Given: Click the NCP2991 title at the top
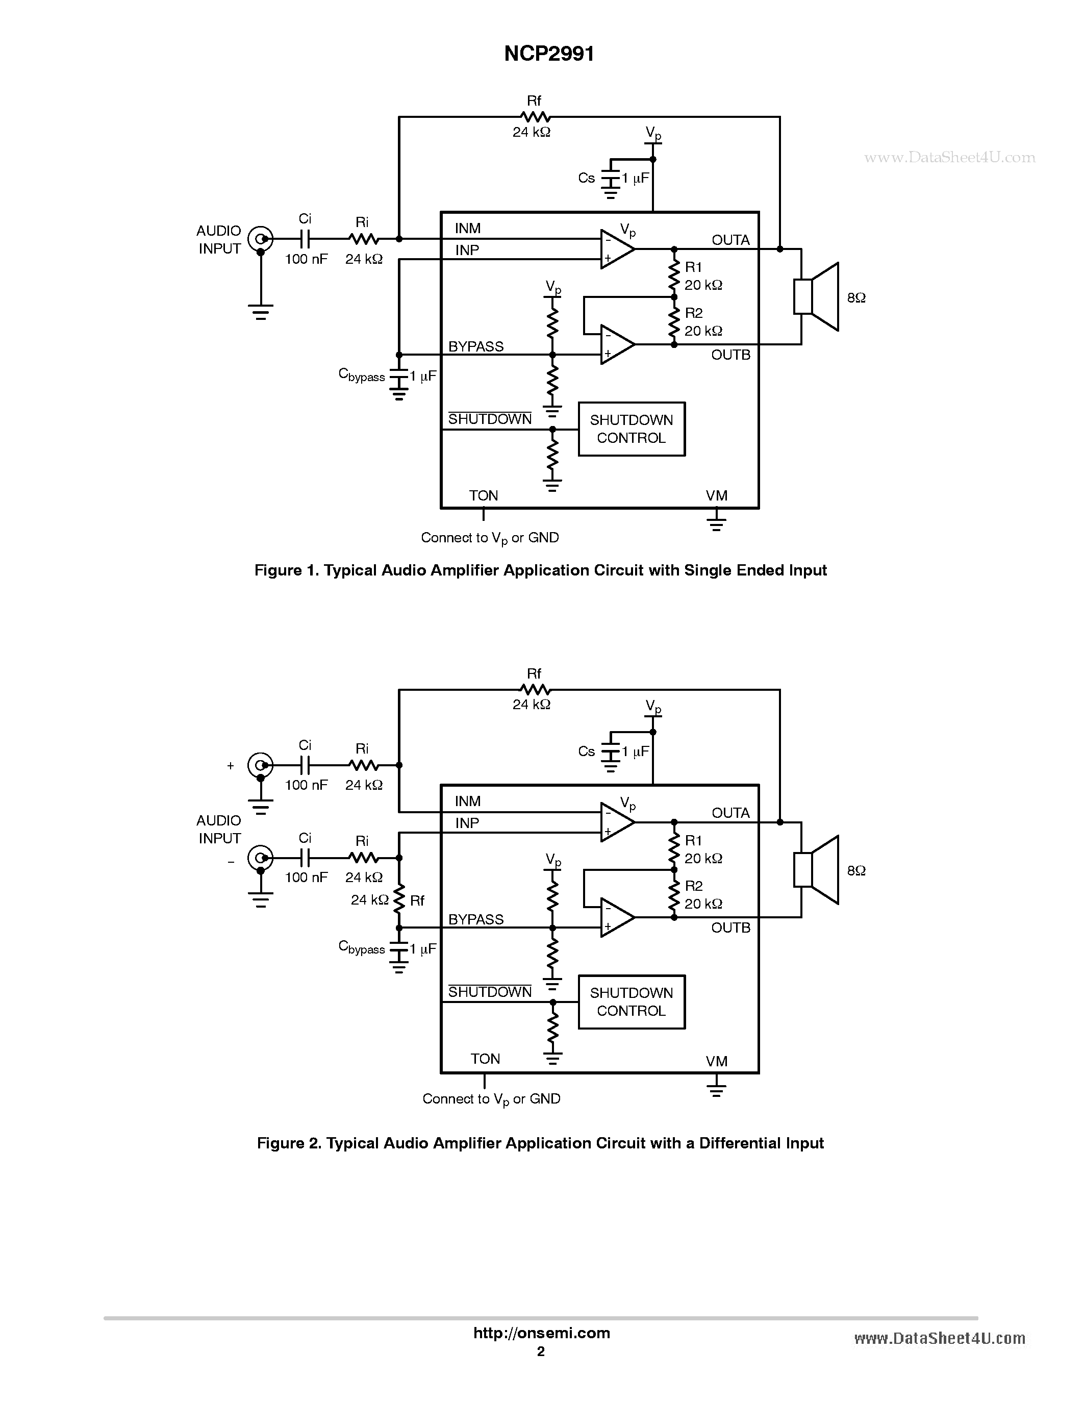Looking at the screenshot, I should point(549,54).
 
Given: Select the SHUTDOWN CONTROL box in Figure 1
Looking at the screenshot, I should point(631,429).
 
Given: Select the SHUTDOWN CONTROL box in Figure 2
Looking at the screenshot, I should point(631,1001).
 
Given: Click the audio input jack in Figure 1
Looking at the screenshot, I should point(260,239).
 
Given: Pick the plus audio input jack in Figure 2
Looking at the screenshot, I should point(260,765).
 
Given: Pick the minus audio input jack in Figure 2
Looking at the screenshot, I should point(260,858).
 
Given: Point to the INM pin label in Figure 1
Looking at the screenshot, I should point(467,229).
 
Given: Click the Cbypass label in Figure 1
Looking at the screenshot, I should point(361,375).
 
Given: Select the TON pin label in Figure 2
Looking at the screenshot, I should point(485,1059).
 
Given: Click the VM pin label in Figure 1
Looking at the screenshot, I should point(717,495).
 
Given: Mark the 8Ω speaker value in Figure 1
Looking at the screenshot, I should point(856,298).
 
